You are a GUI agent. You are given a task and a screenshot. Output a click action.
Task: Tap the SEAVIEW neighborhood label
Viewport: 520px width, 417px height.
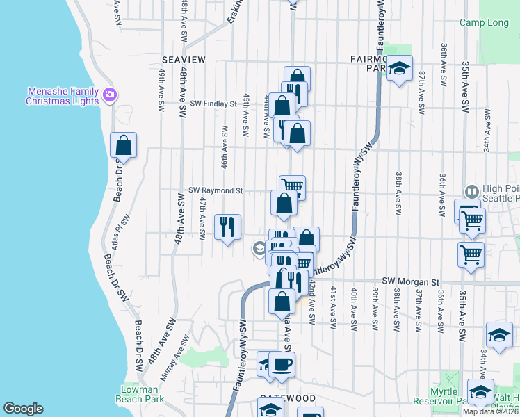click(184, 60)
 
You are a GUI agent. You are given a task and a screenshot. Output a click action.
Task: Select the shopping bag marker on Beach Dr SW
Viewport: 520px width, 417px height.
click(123, 146)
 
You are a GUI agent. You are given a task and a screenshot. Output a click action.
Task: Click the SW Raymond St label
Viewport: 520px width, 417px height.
click(216, 190)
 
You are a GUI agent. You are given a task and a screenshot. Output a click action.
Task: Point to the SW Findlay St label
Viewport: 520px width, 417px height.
click(209, 104)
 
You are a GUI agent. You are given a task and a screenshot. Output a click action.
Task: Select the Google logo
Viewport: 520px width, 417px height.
click(23, 409)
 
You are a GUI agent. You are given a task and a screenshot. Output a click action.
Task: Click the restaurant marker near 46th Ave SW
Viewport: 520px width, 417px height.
click(227, 227)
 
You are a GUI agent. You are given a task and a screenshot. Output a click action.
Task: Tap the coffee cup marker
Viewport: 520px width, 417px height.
click(282, 365)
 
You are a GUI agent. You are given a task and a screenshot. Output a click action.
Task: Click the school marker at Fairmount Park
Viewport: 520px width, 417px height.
click(399, 68)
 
